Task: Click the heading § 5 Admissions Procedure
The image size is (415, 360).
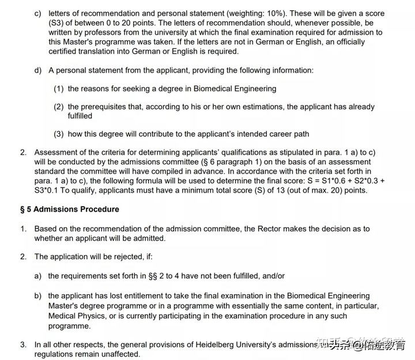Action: point(70,209)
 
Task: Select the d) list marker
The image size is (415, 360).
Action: point(38,70)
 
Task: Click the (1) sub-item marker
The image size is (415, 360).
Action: point(59,89)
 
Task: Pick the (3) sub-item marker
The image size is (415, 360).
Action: point(59,134)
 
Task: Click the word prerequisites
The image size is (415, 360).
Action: point(106,107)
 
